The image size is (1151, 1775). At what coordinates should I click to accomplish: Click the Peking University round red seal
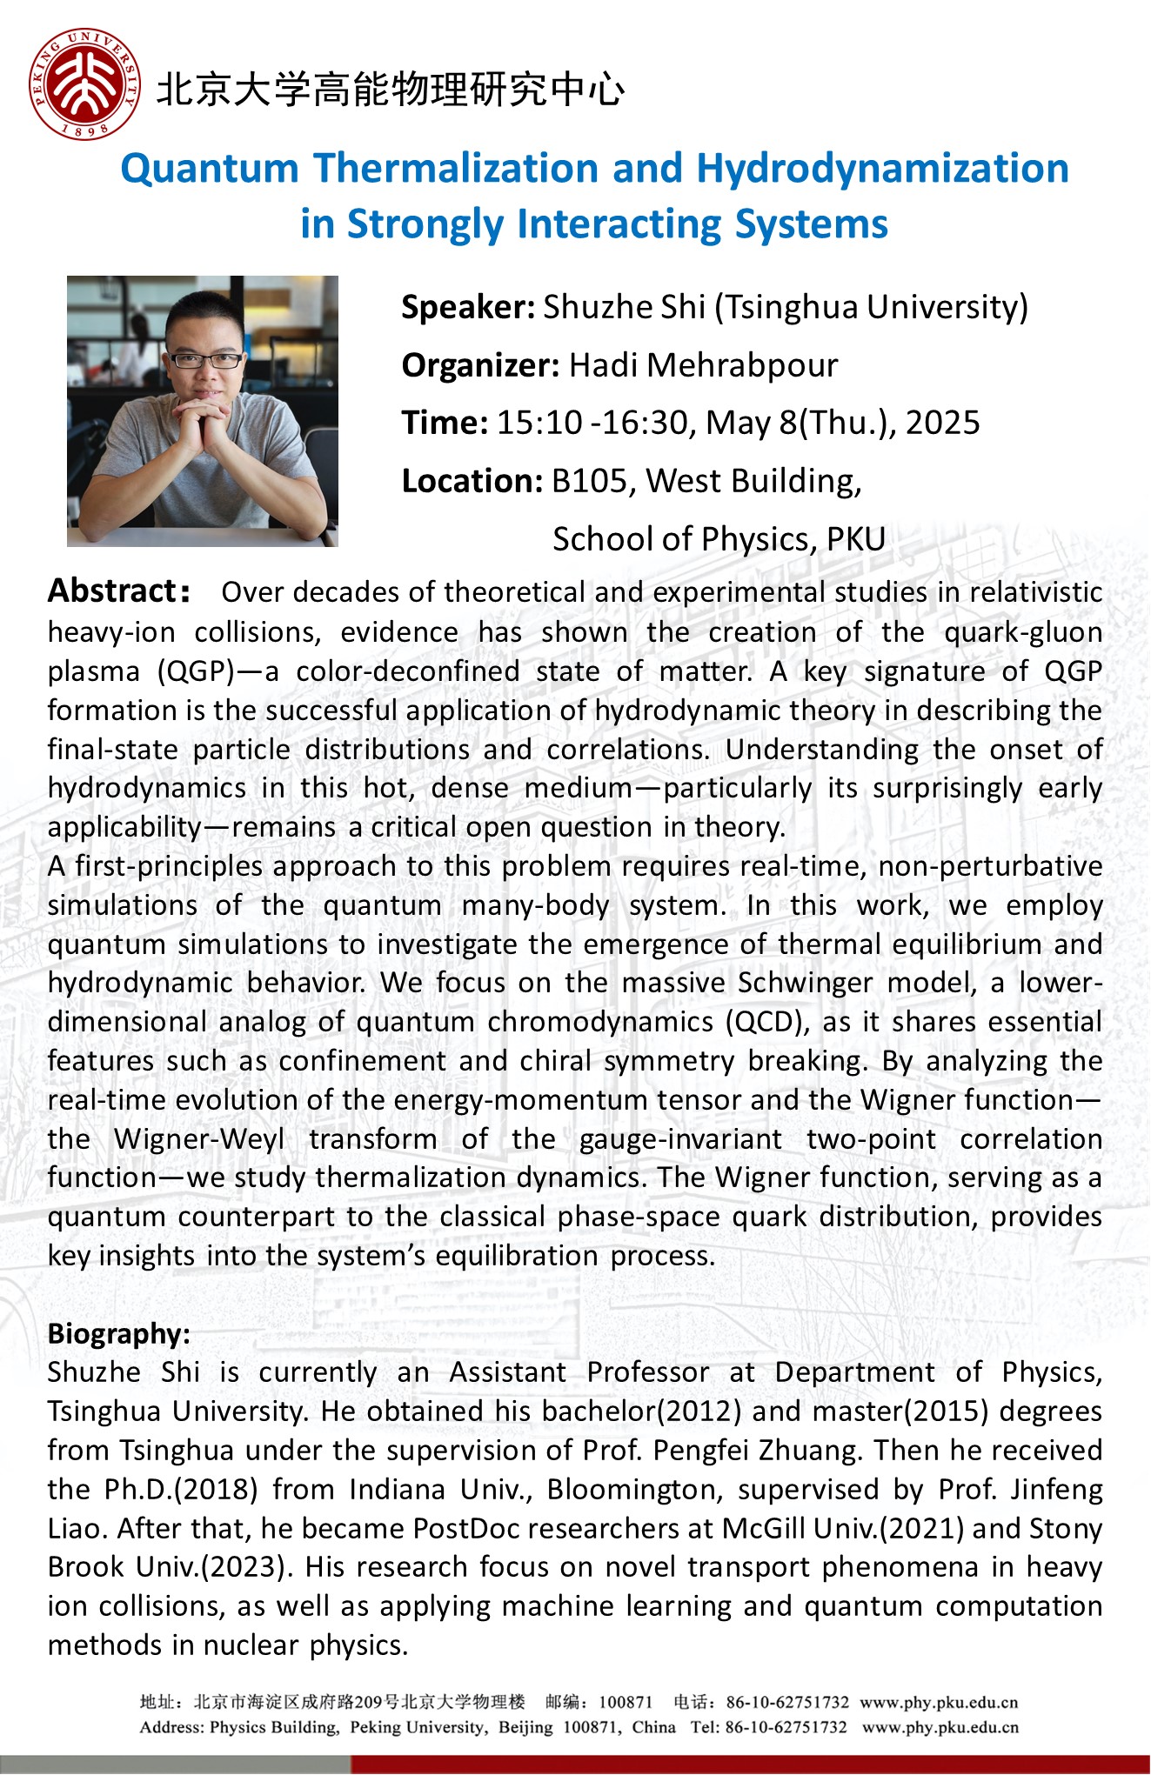click(x=84, y=84)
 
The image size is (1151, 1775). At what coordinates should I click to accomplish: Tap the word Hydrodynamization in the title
click(x=882, y=169)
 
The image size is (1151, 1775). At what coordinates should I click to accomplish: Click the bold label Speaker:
click(x=468, y=307)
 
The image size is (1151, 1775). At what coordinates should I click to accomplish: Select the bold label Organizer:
click(x=480, y=365)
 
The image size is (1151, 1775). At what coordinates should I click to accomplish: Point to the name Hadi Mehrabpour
click(x=703, y=365)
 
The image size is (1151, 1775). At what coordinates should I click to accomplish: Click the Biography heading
click(x=119, y=1333)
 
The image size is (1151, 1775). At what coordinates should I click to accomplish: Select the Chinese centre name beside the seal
click(x=390, y=90)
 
